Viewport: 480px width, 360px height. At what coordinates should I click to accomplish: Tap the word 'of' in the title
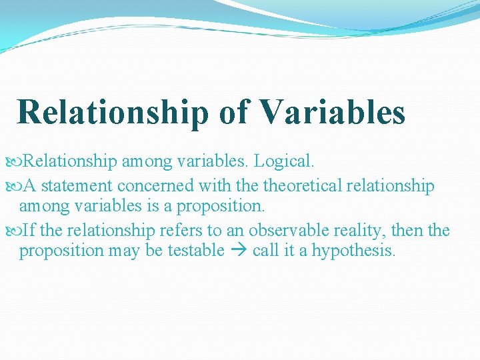point(233,112)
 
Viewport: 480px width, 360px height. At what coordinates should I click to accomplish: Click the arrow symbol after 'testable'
point(239,251)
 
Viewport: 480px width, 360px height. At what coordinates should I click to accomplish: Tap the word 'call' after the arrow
point(265,251)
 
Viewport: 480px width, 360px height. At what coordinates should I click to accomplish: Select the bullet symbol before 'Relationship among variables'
point(16,161)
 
